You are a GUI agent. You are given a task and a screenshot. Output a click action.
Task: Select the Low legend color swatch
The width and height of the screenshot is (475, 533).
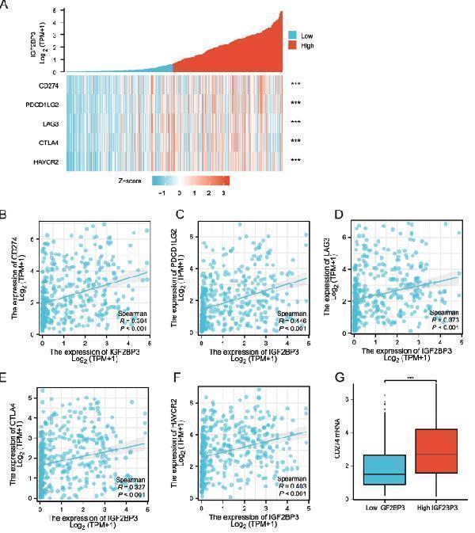click(292, 36)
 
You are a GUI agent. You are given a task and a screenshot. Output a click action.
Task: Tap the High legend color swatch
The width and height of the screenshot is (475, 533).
click(292, 46)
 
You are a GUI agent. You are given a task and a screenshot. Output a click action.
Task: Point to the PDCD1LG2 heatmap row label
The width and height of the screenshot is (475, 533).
click(44, 103)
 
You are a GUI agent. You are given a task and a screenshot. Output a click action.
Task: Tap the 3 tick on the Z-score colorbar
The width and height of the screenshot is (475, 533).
click(226, 192)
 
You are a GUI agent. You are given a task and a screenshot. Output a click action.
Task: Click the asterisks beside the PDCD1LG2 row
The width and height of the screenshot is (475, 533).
click(296, 103)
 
